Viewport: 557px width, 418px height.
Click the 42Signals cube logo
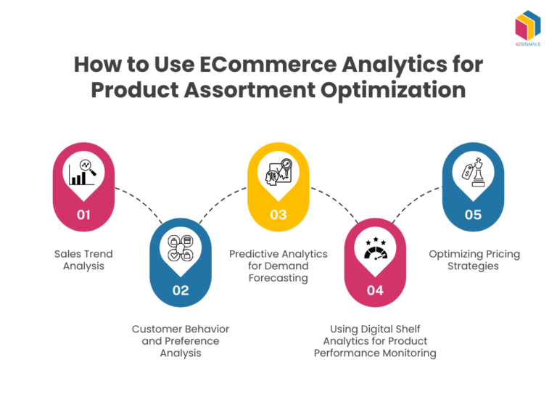click(528, 28)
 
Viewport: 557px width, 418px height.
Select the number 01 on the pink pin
click(84, 215)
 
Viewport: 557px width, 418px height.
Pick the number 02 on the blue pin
click(181, 290)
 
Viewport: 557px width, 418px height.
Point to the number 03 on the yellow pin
click(278, 215)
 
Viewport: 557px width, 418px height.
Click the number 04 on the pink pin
click(375, 290)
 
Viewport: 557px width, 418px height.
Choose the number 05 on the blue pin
click(473, 215)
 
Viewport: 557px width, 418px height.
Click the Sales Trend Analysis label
click(83, 260)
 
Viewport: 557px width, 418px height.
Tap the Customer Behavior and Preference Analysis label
click(181, 341)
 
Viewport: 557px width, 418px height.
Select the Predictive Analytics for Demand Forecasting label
click(278, 266)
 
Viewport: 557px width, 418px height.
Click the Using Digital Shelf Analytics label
click(375, 341)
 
